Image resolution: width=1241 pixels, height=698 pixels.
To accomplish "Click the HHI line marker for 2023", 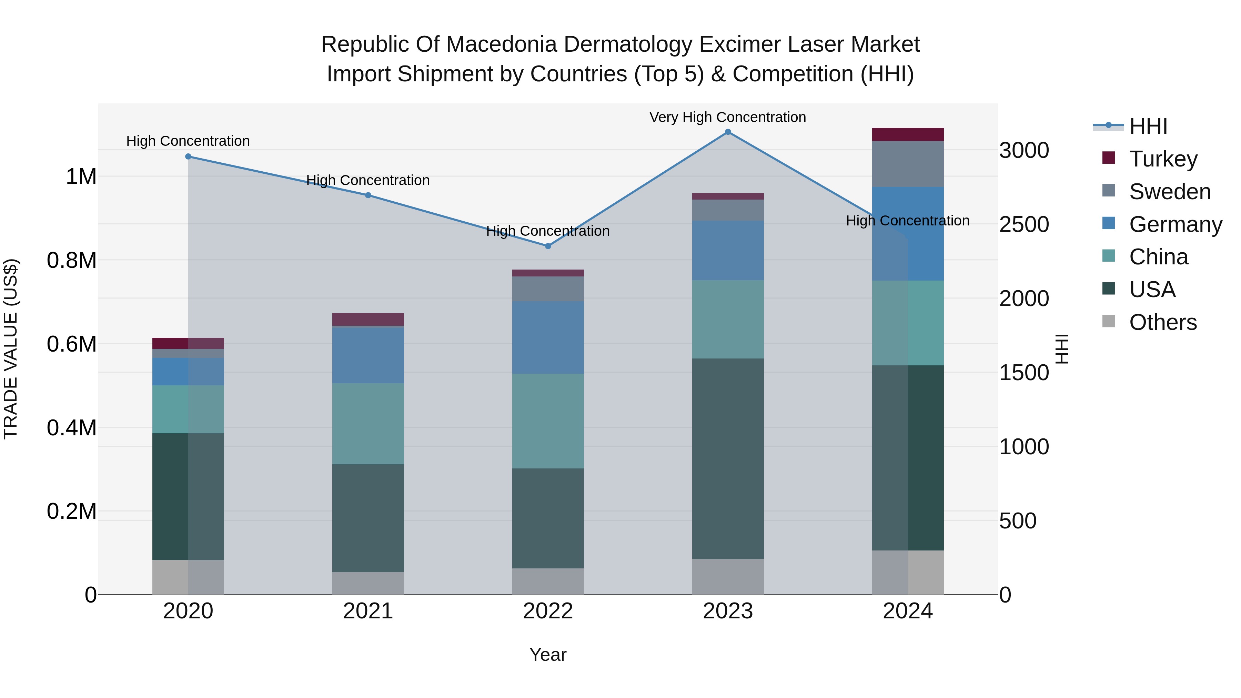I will coord(727,132).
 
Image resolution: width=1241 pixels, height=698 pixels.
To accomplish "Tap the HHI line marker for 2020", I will coord(188,156).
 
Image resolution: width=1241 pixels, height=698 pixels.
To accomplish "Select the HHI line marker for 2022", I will coord(548,246).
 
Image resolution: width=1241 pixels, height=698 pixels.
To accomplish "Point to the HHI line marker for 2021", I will coord(368,195).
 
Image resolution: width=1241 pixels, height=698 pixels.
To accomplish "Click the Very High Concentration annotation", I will coord(727,117).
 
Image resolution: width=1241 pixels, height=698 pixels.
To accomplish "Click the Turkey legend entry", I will coord(1162,159).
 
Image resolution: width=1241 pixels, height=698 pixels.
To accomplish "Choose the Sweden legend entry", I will coord(1169,192).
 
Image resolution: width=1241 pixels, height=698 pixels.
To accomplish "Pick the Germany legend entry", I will coord(1175,224).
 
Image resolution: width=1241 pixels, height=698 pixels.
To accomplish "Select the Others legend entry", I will coord(1162,322).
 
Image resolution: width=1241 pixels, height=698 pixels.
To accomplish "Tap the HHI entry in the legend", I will coord(1148,126).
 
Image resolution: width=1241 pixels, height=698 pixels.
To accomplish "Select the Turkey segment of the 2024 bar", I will coord(908,134).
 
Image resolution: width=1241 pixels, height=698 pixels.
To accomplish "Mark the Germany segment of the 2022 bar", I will coord(548,337).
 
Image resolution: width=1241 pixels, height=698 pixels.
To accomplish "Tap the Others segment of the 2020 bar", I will coord(188,577).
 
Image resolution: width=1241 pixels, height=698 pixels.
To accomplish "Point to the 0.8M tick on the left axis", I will coord(71,261).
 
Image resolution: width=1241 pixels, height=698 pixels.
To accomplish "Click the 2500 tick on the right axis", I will coord(1024,224).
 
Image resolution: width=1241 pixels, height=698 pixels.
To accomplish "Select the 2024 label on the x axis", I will coord(908,611).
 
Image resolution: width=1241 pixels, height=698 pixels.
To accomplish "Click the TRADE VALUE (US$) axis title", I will coord(11,349).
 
